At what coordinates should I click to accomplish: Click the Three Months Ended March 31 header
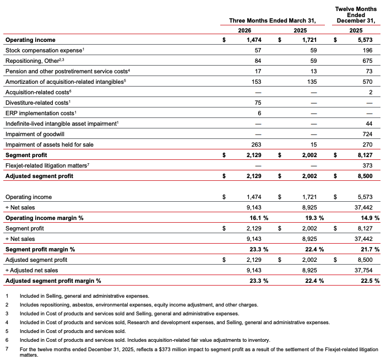pyautogui.click(x=273, y=20)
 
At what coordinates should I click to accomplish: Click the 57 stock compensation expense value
pyautogui.click(x=248, y=50)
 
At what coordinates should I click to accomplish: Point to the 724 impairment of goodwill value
pyautogui.click(x=369, y=134)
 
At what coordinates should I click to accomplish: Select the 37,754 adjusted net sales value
pyautogui.click(x=365, y=270)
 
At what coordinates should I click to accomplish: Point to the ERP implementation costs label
pyautogui.click(x=39, y=112)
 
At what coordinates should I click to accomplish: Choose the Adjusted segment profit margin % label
pyautogui.click(x=53, y=281)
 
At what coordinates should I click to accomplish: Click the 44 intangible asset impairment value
pyautogui.click(x=370, y=123)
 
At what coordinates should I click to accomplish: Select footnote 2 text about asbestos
pyautogui.click(x=134, y=304)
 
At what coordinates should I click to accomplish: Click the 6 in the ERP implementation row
pyautogui.click(x=250, y=112)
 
